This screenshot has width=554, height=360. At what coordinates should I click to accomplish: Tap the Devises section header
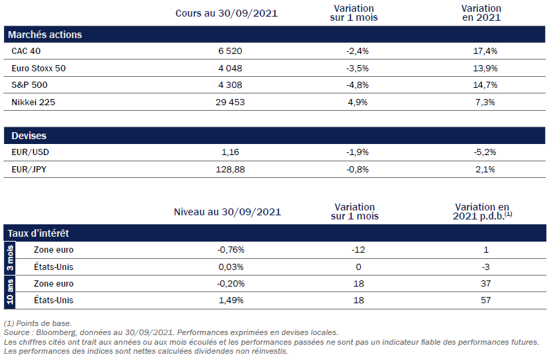tap(29, 136)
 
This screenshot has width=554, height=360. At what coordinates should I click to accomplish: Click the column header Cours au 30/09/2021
tap(217, 12)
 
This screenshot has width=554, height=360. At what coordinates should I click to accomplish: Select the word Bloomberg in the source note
tap(56, 333)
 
